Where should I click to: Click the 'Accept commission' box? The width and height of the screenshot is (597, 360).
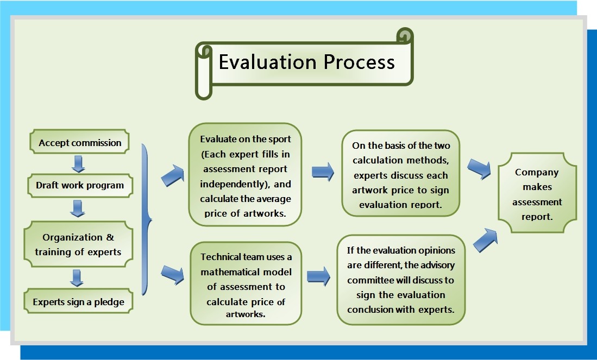(x=79, y=142)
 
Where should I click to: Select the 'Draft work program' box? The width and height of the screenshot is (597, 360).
(x=80, y=185)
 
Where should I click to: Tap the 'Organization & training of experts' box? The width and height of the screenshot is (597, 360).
(x=78, y=244)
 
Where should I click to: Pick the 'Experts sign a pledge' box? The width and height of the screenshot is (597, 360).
(x=78, y=301)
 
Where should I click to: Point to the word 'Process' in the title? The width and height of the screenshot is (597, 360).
(x=359, y=62)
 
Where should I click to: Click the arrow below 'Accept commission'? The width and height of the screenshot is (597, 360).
(x=78, y=163)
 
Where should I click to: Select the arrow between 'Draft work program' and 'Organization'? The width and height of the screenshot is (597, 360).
(x=78, y=208)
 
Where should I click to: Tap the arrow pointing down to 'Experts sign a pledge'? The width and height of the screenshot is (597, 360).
(x=77, y=278)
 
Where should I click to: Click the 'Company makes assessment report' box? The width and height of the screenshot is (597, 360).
(x=537, y=193)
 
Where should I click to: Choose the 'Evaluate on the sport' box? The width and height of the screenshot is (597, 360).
(x=245, y=175)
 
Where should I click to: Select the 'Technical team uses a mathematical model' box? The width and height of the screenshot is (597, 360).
(x=246, y=283)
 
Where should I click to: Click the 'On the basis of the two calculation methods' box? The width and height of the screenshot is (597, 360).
(x=400, y=174)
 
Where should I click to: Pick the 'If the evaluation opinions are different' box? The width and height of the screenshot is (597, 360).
(x=401, y=280)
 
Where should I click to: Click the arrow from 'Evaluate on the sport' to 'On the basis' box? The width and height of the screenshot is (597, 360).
(x=323, y=172)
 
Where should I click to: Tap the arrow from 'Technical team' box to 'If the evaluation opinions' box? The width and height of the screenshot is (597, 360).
(x=318, y=276)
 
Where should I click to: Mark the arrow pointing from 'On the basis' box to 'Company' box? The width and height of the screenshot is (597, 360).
(x=479, y=168)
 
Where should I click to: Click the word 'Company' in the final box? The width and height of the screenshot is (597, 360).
(x=537, y=172)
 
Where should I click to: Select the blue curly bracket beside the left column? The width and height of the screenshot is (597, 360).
(x=146, y=219)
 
